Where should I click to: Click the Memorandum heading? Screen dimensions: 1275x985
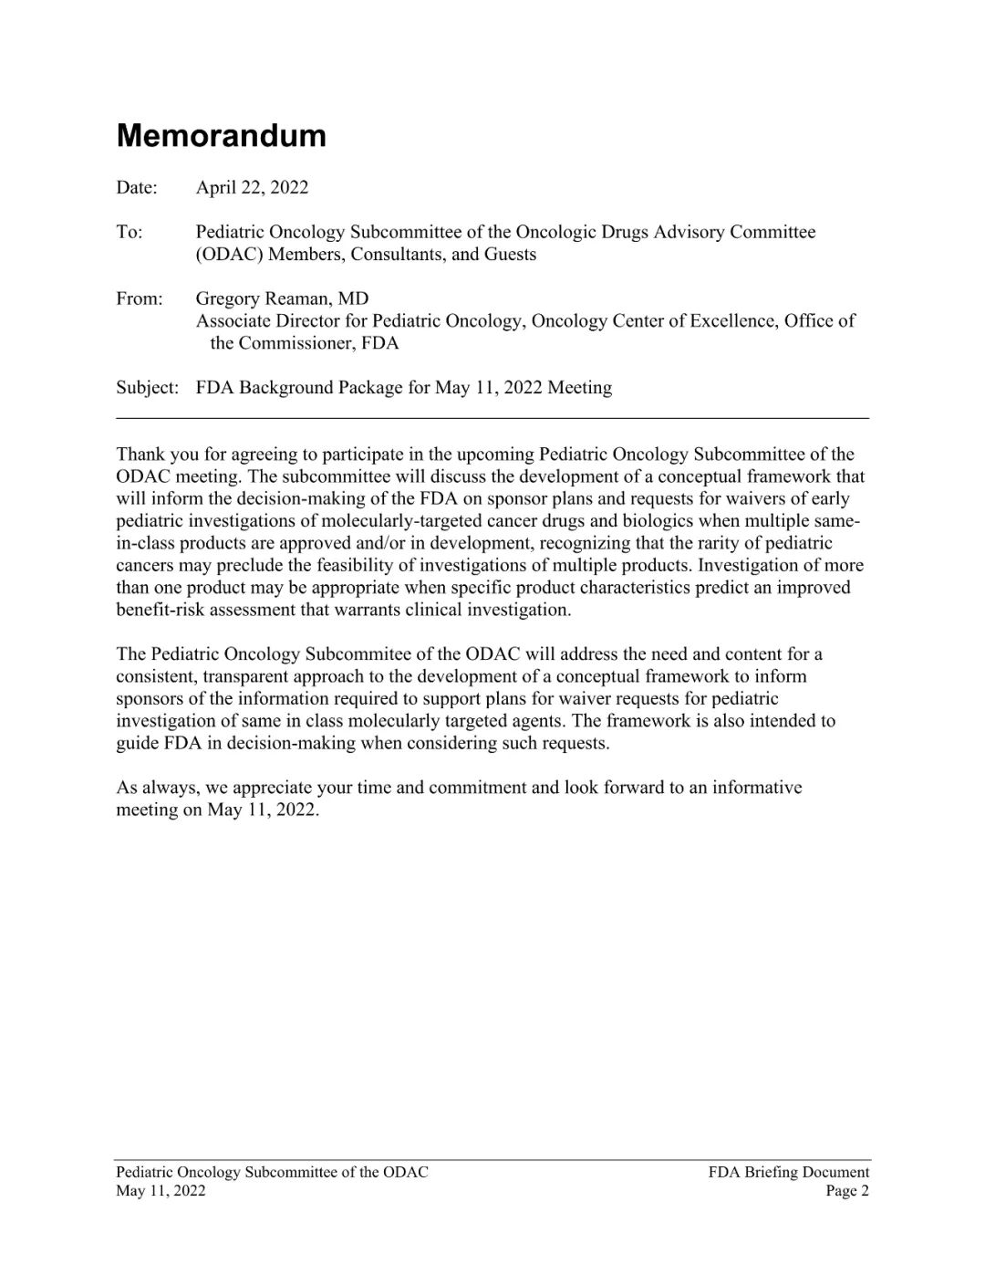221,135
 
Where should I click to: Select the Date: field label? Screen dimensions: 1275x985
137,188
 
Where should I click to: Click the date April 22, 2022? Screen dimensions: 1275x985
252,188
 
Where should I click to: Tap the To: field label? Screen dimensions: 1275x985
130,233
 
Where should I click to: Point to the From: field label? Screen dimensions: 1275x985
140,299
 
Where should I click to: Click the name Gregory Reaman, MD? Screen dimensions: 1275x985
282,299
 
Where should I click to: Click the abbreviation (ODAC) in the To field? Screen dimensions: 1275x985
228,255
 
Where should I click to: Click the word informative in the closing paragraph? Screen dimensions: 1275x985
758,788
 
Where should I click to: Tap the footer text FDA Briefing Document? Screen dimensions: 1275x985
788,1173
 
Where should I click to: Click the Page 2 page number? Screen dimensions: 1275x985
847,1191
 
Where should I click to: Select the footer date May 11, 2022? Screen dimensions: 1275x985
161,1191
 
